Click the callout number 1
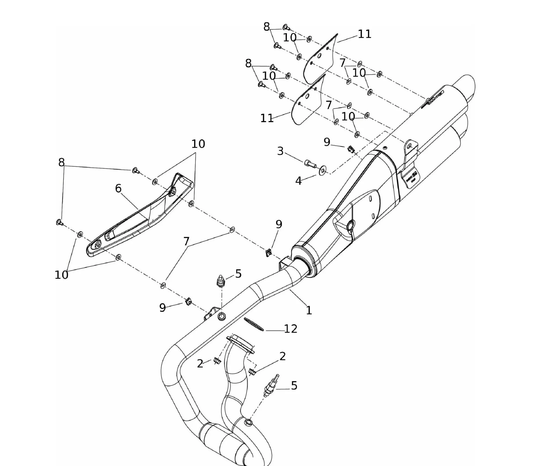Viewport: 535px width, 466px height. tap(309, 310)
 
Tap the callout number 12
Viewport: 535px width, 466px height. tap(291, 329)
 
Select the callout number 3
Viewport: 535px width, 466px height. tap(280, 151)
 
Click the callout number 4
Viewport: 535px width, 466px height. tap(298, 181)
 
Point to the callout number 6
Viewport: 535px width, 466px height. tap(118, 189)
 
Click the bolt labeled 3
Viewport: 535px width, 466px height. tap(310, 163)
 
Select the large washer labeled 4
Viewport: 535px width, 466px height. tap(322, 170)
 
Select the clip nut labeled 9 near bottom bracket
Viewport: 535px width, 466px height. tap(188, 302)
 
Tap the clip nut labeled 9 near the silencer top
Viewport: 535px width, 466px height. tap(350, 149)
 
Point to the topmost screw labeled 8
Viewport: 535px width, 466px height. tap(286, 27)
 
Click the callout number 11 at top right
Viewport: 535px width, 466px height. tap(364, 34)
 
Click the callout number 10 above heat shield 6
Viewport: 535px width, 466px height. tap(198, 144)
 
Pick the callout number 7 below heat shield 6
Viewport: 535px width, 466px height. tap(186, 242)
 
